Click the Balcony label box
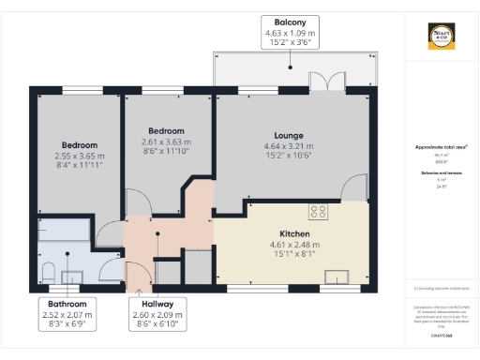click(291, 31)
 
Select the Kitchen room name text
click(294, 233)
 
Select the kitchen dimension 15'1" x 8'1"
click(294, 254)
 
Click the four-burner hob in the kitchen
click(318, 211)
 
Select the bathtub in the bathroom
click(62, 231)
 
